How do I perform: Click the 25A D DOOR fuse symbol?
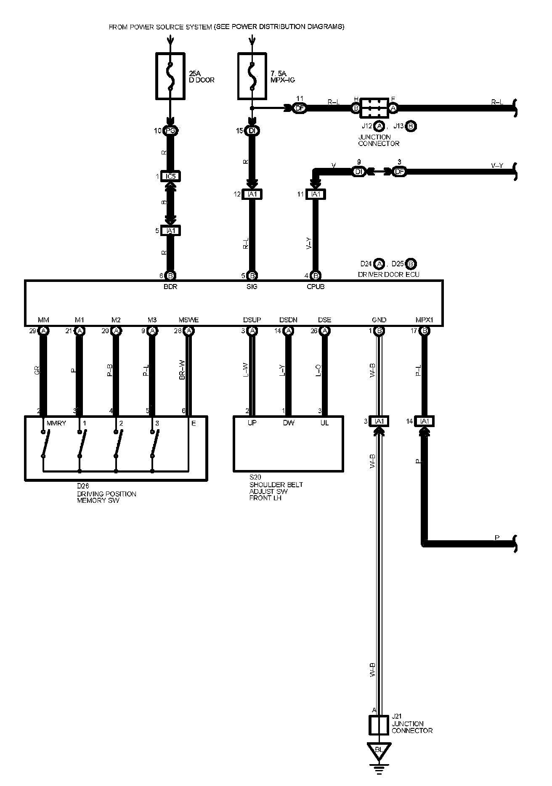(170, 76)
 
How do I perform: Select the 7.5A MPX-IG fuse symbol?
(252, 76)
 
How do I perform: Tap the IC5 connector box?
(170, 176)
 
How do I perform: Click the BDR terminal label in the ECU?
(170, 287)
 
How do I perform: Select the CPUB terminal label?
(316, 287)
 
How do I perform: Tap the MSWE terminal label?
(188, 320)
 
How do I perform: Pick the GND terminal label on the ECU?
(379, 320)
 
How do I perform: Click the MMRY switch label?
(56, 423)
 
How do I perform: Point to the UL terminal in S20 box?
(324, 423)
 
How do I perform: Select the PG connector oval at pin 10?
(171, 131)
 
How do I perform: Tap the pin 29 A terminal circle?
(43, 331)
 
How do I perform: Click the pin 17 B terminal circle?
(425, 331)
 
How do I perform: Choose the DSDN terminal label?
(288, 320)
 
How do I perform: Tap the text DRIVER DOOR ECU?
(388, 274)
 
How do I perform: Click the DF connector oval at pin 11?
(300, 108)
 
